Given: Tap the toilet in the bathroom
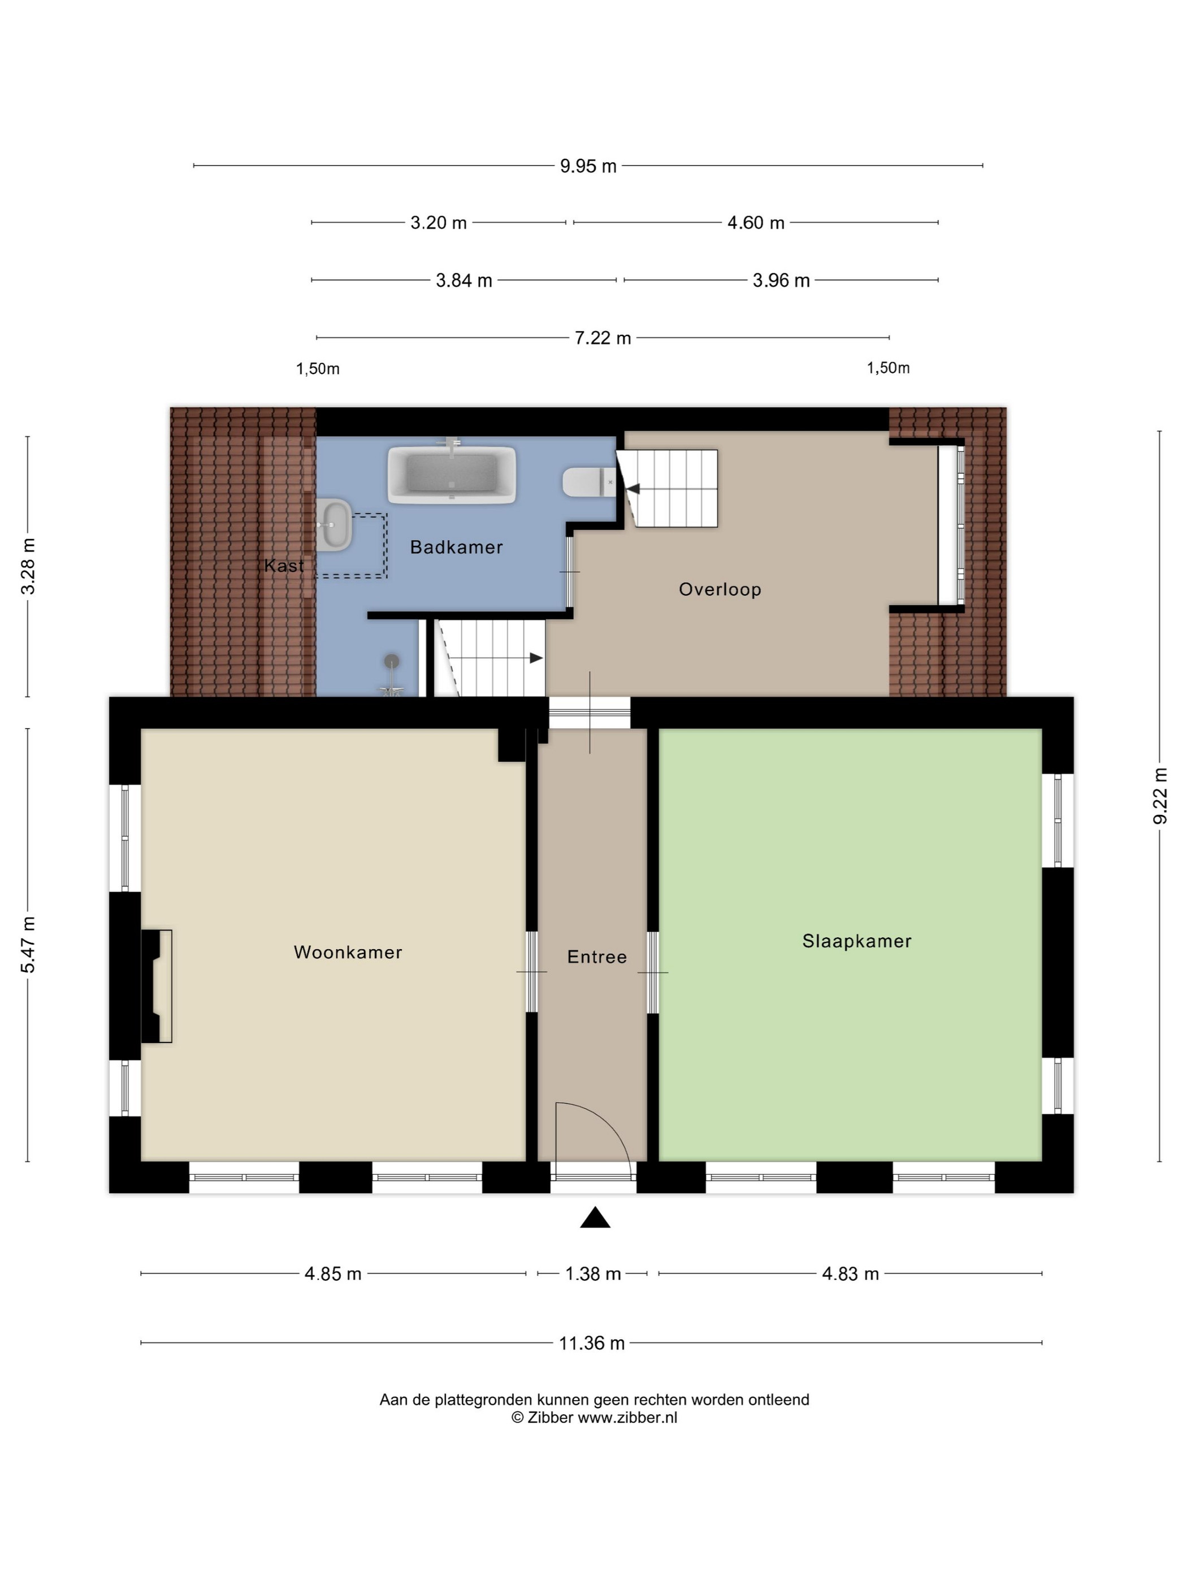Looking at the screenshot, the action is tap(590, 482).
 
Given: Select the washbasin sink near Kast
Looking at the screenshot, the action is tap(335, 525).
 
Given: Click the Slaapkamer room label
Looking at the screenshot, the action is tap(856, 941).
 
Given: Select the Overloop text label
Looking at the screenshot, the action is tap(720, 589).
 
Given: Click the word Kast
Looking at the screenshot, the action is tap(284, 566).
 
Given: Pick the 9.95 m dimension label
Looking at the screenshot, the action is tap(588, 166).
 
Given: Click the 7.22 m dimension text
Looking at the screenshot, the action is tap(603, 337).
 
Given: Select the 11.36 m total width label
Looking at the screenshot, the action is tap(592, 1343).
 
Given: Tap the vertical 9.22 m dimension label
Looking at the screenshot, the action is tap(1160, 796).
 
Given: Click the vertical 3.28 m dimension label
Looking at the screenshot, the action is tap(27, 567).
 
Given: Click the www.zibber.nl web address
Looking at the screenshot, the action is tap(627, 1418).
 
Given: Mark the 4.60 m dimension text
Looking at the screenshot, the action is tap(756, 223).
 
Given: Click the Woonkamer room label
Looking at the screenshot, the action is tap(348, 952).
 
